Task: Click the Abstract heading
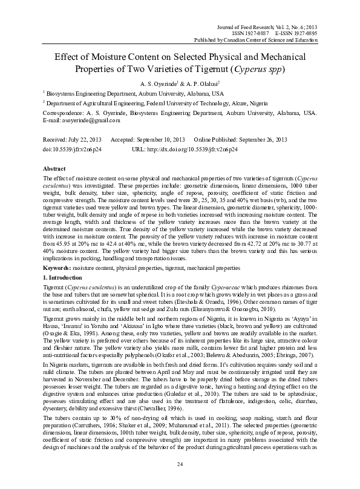click(55, 168)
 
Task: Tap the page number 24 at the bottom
click(180, 464)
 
